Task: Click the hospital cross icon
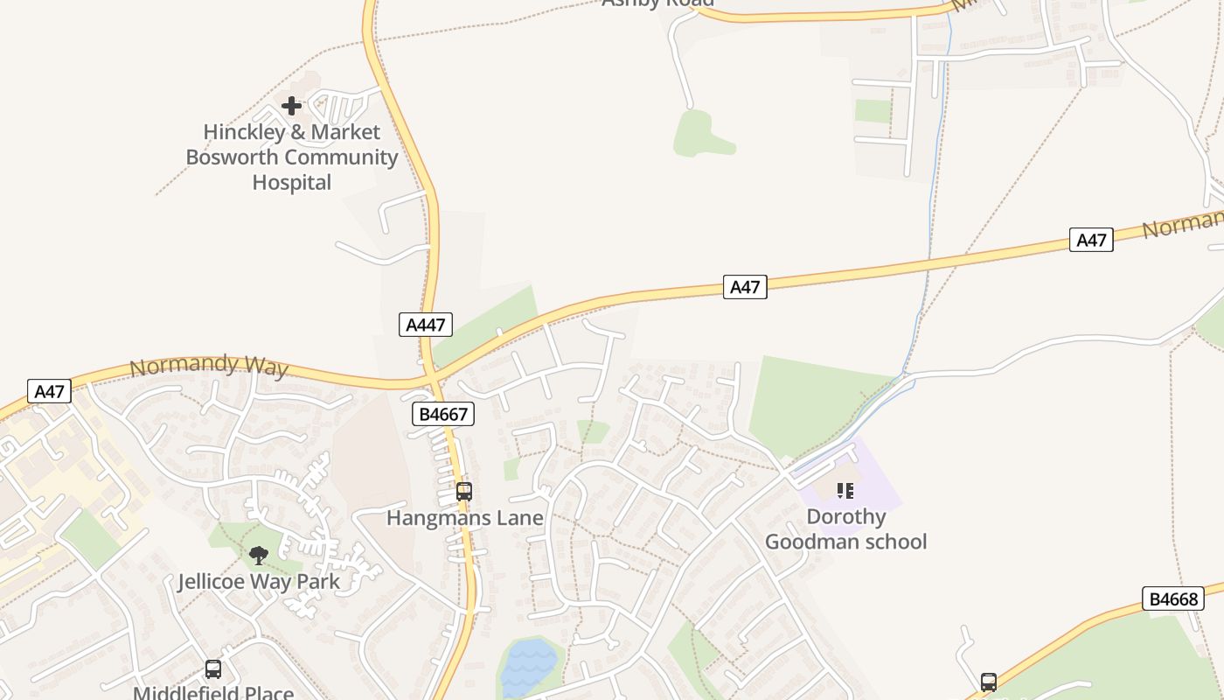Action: click(x=291, y=106)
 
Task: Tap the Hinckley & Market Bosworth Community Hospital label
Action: click(x=291, y=157)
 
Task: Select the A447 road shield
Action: click(x=427, y=325)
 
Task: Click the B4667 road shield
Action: click(x=443, y=414)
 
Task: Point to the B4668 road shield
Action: click(x=1172, y=599)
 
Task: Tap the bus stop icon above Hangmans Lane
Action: click(x=463, y=492)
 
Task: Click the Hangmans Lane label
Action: click(x=464, y=518)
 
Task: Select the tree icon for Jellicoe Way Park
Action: click(x=258, y=555)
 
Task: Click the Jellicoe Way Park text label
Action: click(x=259, y=581)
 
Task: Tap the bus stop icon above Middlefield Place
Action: click(x=212, y=669)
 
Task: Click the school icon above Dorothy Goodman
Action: click(x=845, y=491)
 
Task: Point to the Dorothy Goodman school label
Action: click(x=845, y=529)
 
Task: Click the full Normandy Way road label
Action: click(x=208, y=366)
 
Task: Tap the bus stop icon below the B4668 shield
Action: click(x=988, y=682)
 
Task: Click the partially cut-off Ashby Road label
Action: click(x=657, y=3)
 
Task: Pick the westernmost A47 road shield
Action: click(x=49, y=391)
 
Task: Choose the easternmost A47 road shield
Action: click(x=1091, y=240)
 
